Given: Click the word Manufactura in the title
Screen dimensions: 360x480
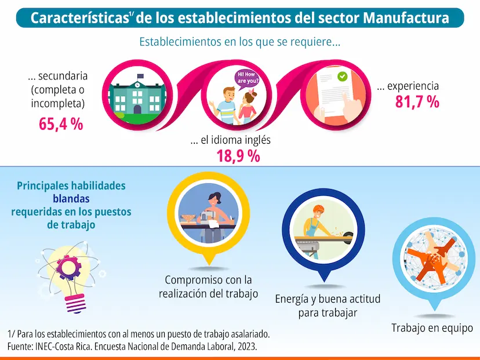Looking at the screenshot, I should point(406,18).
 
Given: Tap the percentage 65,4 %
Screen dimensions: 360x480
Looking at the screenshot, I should point(61,123).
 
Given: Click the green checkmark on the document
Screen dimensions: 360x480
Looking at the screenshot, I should point(342,76).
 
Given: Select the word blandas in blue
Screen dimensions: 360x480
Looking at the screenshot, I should point(71,199).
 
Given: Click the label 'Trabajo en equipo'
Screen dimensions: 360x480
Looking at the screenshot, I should point(432,328).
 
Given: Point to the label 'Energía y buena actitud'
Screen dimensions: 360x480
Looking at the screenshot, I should point(328,299).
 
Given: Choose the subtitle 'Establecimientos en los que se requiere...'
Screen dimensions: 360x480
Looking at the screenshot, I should point(239,42).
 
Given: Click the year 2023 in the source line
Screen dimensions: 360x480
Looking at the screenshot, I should point(245,347).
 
